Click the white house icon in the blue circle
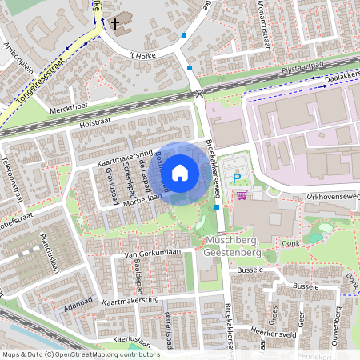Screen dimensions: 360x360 tap(180, 172)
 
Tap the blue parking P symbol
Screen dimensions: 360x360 tap(235, 178)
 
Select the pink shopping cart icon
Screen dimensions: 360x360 tap(242, 194)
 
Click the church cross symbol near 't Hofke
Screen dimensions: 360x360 tap(115, 24)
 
